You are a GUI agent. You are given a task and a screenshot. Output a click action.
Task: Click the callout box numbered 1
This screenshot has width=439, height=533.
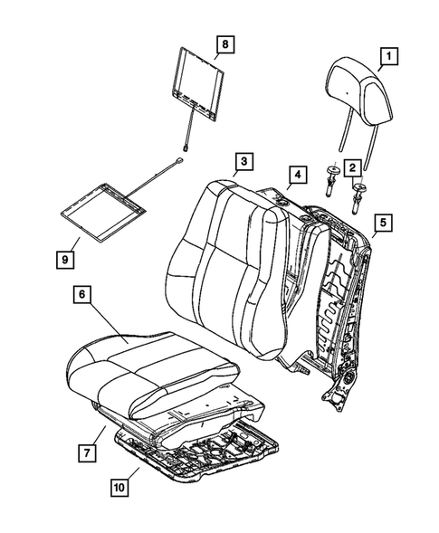tap(387, 59)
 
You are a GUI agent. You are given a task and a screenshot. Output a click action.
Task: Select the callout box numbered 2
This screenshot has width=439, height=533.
tap(348, 166)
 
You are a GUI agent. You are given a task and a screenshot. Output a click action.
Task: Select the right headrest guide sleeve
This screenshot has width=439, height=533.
tap(361, 192)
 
